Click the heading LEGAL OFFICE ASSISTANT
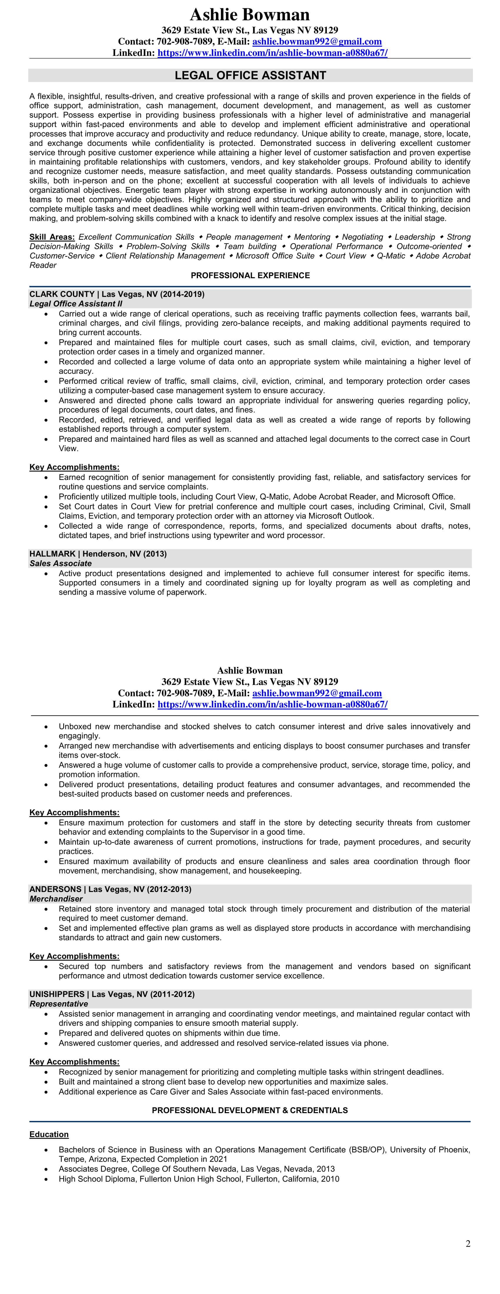(x=250, y=75)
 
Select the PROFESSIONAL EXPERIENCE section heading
(x=250, y=275)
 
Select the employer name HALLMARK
(x=52, y=553)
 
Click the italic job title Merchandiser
(x=56, y=899)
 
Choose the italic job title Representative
(x=59, y=1004)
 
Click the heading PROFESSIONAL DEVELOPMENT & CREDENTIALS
(x=250, y=1110)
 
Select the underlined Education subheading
(x=49, y=1134)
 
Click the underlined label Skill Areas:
(x=52, y=237)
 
